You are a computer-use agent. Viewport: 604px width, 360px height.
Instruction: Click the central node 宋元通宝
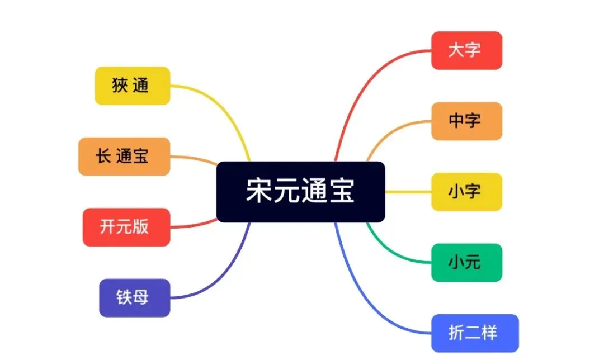[300, 192]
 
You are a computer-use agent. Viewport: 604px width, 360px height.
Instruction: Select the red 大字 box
[466, 50]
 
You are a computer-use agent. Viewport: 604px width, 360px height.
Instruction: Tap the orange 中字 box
[466, 121]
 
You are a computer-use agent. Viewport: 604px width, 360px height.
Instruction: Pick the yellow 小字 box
[466, 192]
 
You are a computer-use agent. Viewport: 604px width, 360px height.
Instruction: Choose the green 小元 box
[466, 262]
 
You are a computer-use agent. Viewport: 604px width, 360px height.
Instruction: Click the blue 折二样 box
[475, 333]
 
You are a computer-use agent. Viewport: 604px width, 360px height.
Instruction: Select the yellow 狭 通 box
[132, 86]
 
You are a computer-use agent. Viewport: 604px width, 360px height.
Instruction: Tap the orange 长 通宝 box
[124, 157]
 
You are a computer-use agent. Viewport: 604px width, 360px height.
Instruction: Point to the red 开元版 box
[126, 227]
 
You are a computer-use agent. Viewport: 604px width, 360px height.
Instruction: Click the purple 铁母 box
[134, 297]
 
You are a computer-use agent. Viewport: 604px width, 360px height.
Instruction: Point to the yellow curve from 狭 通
[224, 106]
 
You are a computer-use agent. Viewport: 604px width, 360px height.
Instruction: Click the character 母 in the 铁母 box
[141, 297]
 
